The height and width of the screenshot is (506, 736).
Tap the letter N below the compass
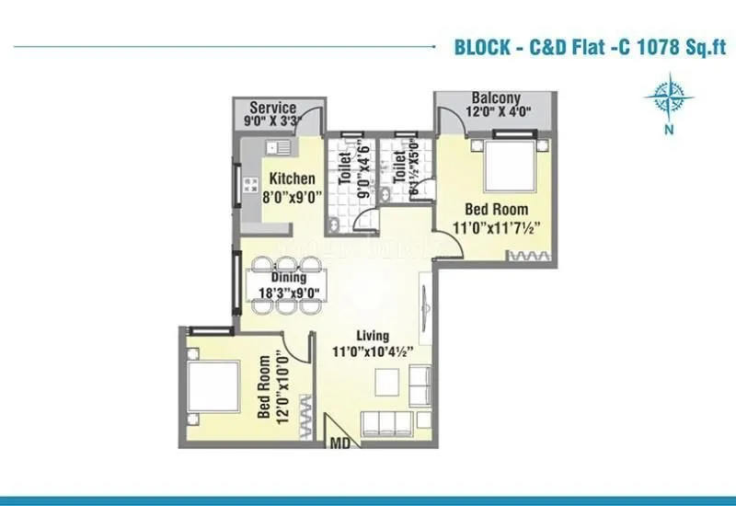(669, 130)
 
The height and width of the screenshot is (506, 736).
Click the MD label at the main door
(341, 445)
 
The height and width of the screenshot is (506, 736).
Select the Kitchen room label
(293, 179)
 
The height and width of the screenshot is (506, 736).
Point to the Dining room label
(288, 277)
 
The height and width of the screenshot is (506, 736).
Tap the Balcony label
(496, 98)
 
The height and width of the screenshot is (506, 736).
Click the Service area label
(272, 108)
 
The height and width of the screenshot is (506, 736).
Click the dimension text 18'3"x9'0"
(287, 293)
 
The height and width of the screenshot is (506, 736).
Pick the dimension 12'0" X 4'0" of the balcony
(496, 113)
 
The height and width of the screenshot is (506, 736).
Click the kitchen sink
(279, 146)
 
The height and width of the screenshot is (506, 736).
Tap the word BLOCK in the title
(483, 47)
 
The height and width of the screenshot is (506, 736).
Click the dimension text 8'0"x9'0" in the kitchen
(292, 197)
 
